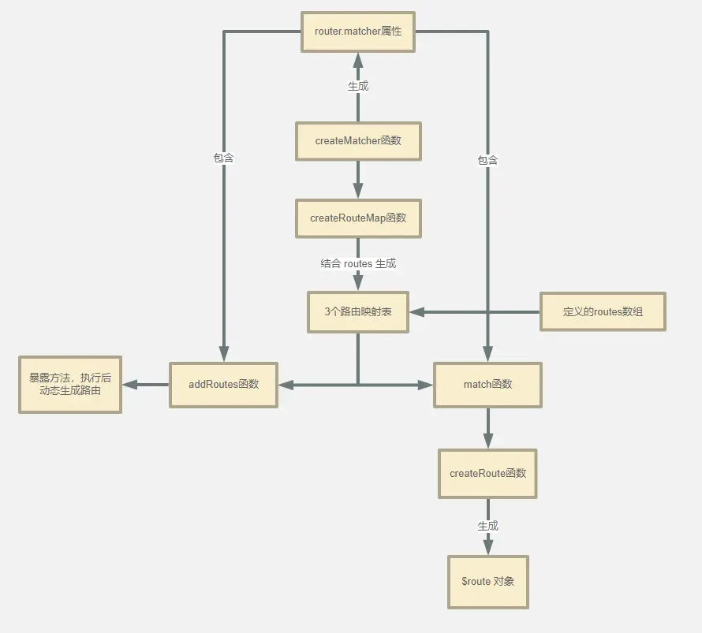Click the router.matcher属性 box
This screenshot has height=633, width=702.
(x=358, y=32)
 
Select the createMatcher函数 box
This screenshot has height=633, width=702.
(x=358, y=141)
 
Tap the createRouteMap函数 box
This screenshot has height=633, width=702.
(x=358, y=218)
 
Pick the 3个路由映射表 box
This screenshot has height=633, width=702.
(x=358, y=311)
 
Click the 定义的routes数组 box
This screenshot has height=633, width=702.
(x=603, y=311)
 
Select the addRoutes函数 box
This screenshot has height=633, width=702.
(x=223, y=385)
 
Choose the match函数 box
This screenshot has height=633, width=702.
(x=487, y=385)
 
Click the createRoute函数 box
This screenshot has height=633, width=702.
(x=487, y=474)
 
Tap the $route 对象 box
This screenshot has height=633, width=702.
(x=487, y=582)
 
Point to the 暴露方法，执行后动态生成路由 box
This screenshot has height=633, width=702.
(x=70, y=385)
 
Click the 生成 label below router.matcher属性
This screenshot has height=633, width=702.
(x=358, y=86)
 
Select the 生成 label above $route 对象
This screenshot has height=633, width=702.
(x=487, y=526)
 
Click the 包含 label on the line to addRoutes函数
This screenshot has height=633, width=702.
(x=224, y=158)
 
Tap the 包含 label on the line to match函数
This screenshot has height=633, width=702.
(x=487, y=160)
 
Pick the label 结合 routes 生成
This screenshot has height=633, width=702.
(x=358, y=263)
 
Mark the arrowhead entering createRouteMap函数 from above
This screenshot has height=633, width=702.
(x=358, y=192)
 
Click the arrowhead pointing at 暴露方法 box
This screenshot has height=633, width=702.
(x=130, y=385)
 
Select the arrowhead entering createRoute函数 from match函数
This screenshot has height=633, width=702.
(x=487, y=441)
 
